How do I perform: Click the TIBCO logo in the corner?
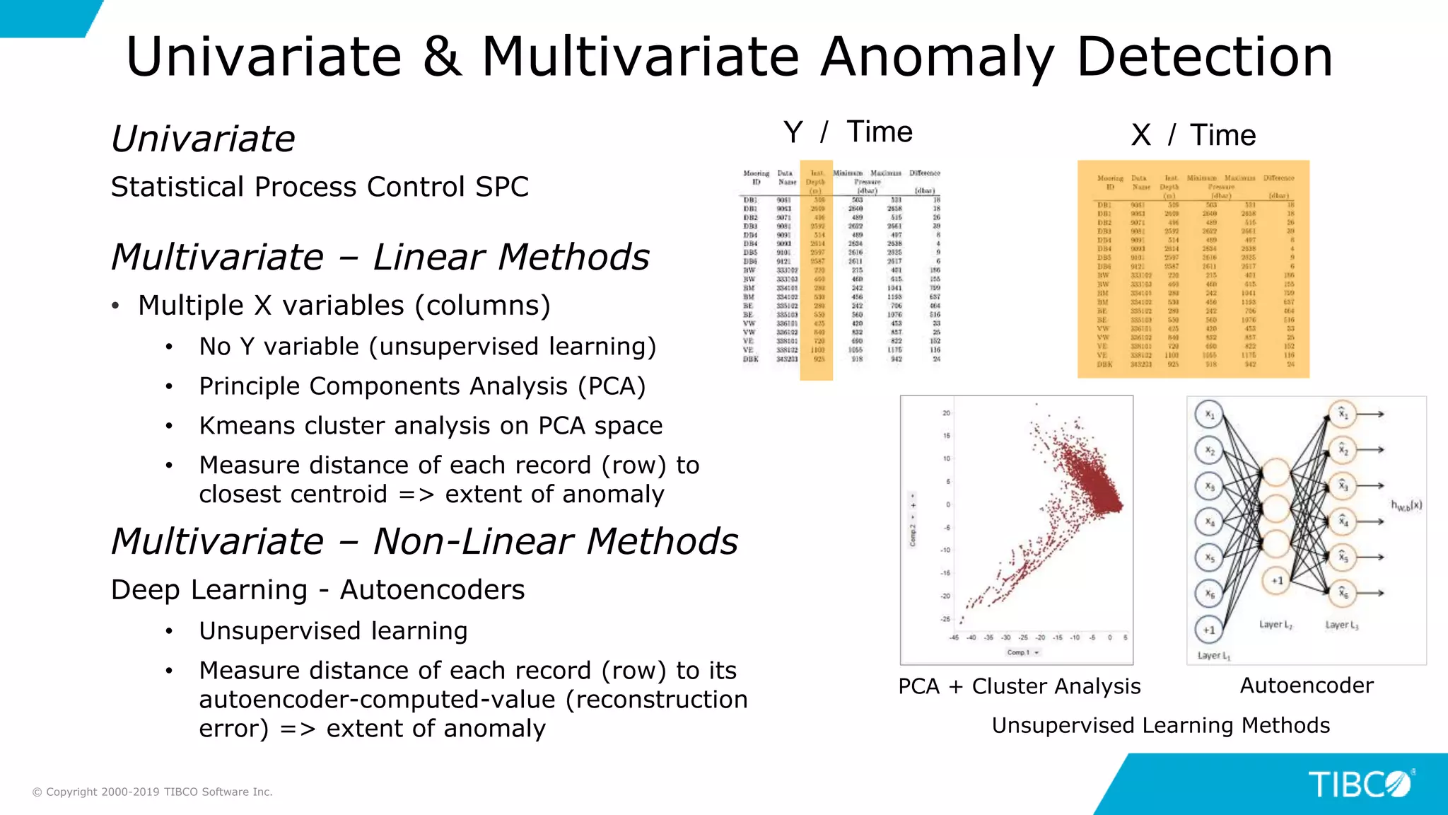[x=1359, y=785]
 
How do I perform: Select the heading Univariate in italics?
[x=204, y=139]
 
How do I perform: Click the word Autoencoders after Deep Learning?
[x=432, y=590]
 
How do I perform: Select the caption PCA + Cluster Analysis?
[x=1019, y=686]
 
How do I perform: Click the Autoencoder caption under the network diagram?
[x=1307, y=685]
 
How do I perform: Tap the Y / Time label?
[x=848, y=132]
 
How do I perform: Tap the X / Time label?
[x=1193, y=135]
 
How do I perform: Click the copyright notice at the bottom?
[x=153, y=792]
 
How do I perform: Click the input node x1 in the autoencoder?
[x=1209, y=414]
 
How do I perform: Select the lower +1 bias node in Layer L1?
[x=1209, y=629]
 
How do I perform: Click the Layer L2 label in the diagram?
[x=1275, y=625]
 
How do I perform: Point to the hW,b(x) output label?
[x=1406, y=505]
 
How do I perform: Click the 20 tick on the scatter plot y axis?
[x=946, y=413]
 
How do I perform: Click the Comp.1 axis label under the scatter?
[x=1019, y=652]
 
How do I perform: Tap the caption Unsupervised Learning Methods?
[x=1160, y=725]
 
